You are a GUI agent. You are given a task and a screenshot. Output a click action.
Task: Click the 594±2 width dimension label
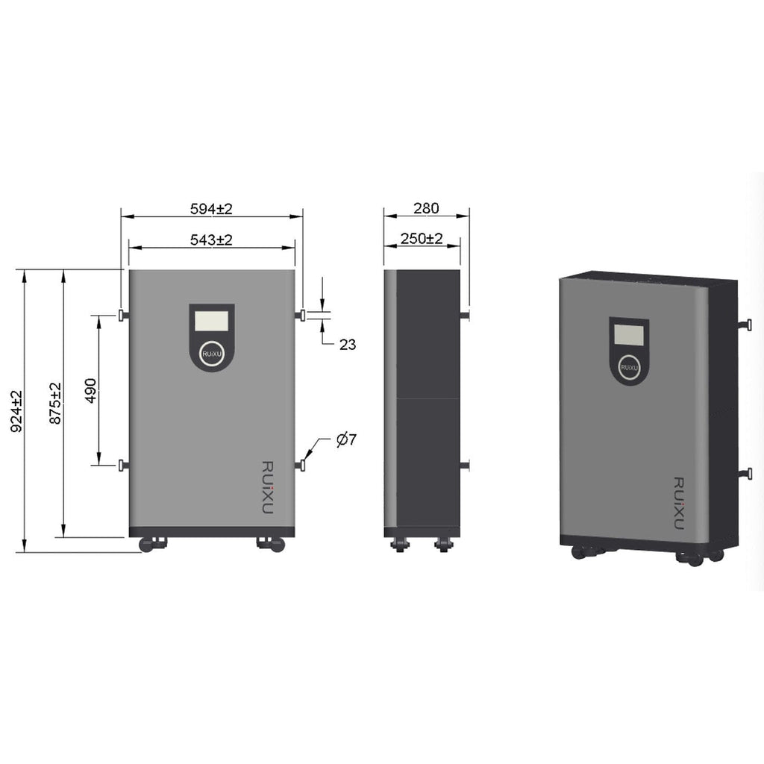[x=211, y=209]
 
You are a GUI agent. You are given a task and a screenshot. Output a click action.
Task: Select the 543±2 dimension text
[x=211, y=239]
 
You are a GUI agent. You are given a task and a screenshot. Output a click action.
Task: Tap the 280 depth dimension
[x=426, y=208]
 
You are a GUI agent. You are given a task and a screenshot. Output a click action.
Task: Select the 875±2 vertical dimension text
[x=55, y=404]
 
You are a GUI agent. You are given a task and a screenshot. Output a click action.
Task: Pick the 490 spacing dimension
[x=90, y=390]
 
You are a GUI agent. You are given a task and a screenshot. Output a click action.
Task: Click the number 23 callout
[x=347, y=345]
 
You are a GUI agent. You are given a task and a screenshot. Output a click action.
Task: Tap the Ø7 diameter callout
[x=346, y=440]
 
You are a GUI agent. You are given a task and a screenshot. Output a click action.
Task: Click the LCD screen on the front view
[x=211, y=322]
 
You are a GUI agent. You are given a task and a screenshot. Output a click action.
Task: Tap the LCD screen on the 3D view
[x=628, y=335]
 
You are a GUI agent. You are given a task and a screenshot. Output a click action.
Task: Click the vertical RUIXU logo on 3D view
[x=679, y=504]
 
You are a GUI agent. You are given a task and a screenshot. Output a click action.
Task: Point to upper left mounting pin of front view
[x=121, y=316]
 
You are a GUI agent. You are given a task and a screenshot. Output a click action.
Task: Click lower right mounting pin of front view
[x=301, y=466]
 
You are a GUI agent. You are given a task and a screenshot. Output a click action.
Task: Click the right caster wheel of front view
[x=273, y=545]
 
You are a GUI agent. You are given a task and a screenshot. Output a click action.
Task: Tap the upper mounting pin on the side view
[x=465, y=316]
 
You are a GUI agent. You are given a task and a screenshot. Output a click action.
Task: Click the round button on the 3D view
[x=628, y=366]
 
